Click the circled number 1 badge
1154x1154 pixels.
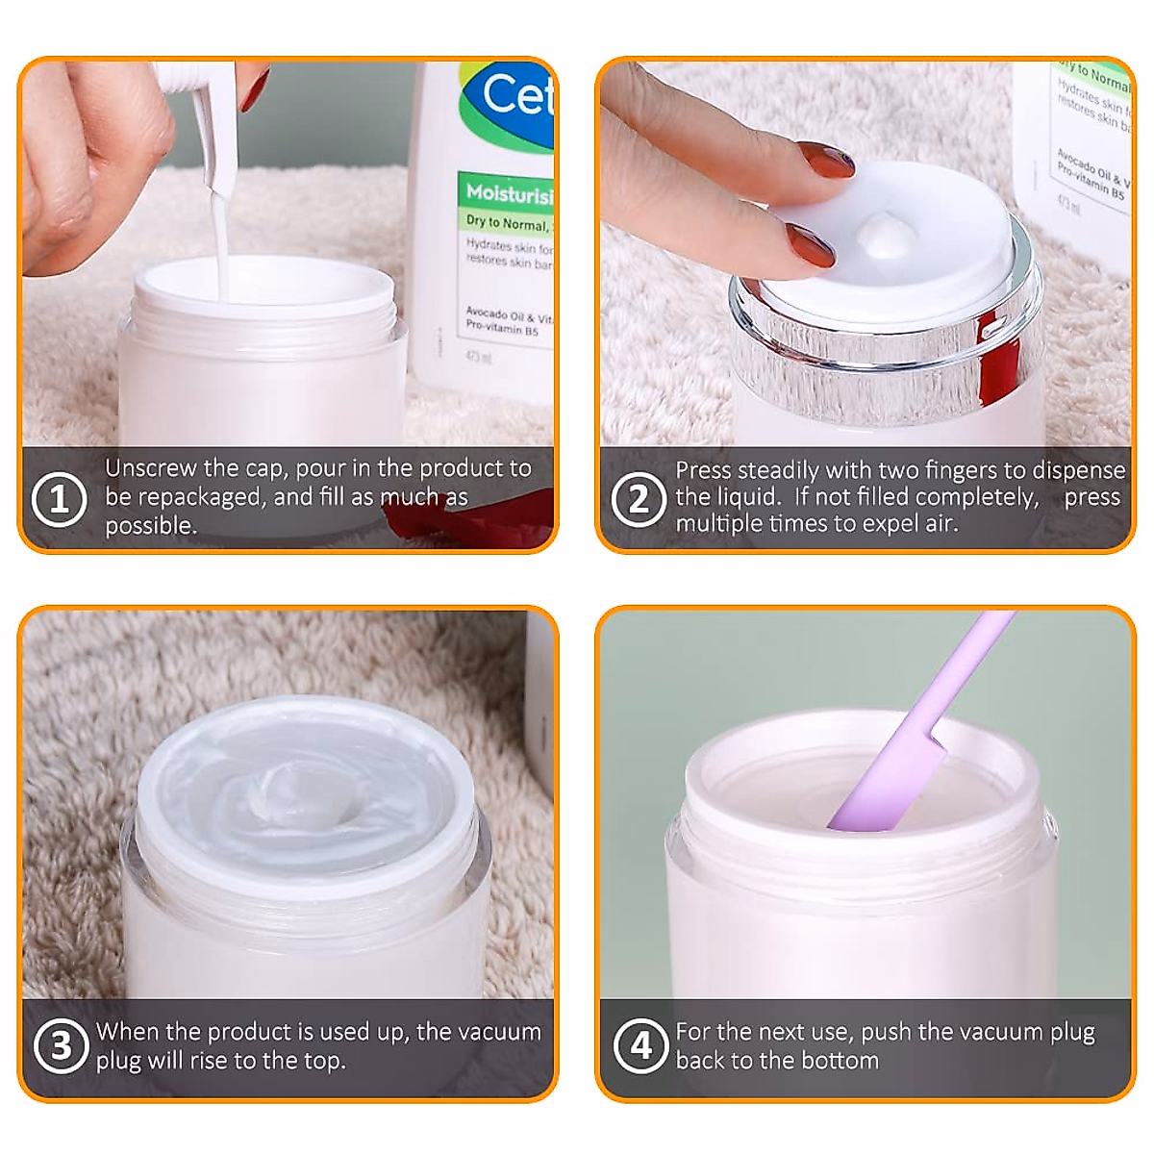point(59,500)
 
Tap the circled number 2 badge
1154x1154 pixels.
point(639,500)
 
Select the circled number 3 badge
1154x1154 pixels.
point(61,1045)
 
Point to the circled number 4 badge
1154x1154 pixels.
point(640,1045)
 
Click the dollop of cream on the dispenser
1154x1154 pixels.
point(890,237)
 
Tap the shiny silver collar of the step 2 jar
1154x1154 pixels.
point(885,346)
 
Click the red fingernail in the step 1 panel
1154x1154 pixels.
point(255,88)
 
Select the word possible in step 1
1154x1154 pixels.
point(150,526)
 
